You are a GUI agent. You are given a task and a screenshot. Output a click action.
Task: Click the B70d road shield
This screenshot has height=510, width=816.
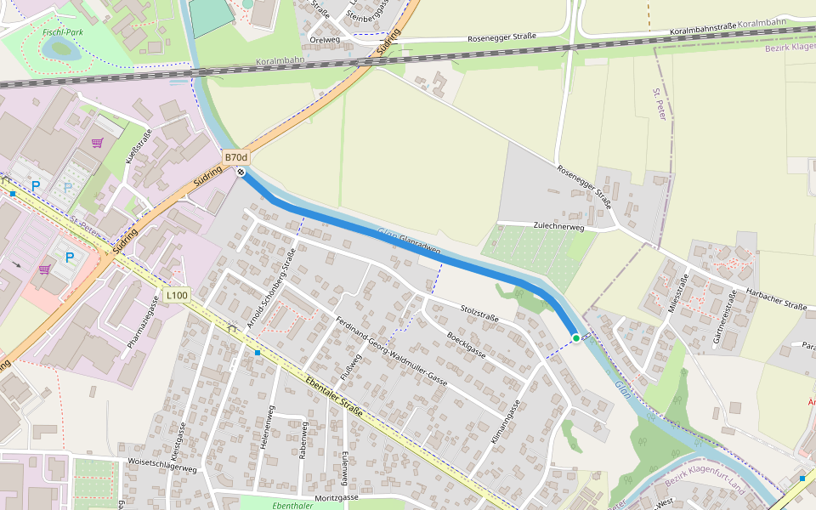(236, 158)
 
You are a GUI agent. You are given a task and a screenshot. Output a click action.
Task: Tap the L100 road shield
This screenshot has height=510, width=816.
(177, 295)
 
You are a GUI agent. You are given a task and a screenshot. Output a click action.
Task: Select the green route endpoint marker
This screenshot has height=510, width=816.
(576, 338)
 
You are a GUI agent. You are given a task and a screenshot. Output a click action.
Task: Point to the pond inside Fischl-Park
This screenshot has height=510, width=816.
(62, 49)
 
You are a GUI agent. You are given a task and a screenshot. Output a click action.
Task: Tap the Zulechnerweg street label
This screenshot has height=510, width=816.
(558, 227)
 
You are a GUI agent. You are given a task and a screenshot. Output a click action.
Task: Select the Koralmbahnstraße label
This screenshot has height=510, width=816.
(702, 31)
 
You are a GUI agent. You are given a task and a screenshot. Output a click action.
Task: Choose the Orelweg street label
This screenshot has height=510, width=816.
(325, 39)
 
